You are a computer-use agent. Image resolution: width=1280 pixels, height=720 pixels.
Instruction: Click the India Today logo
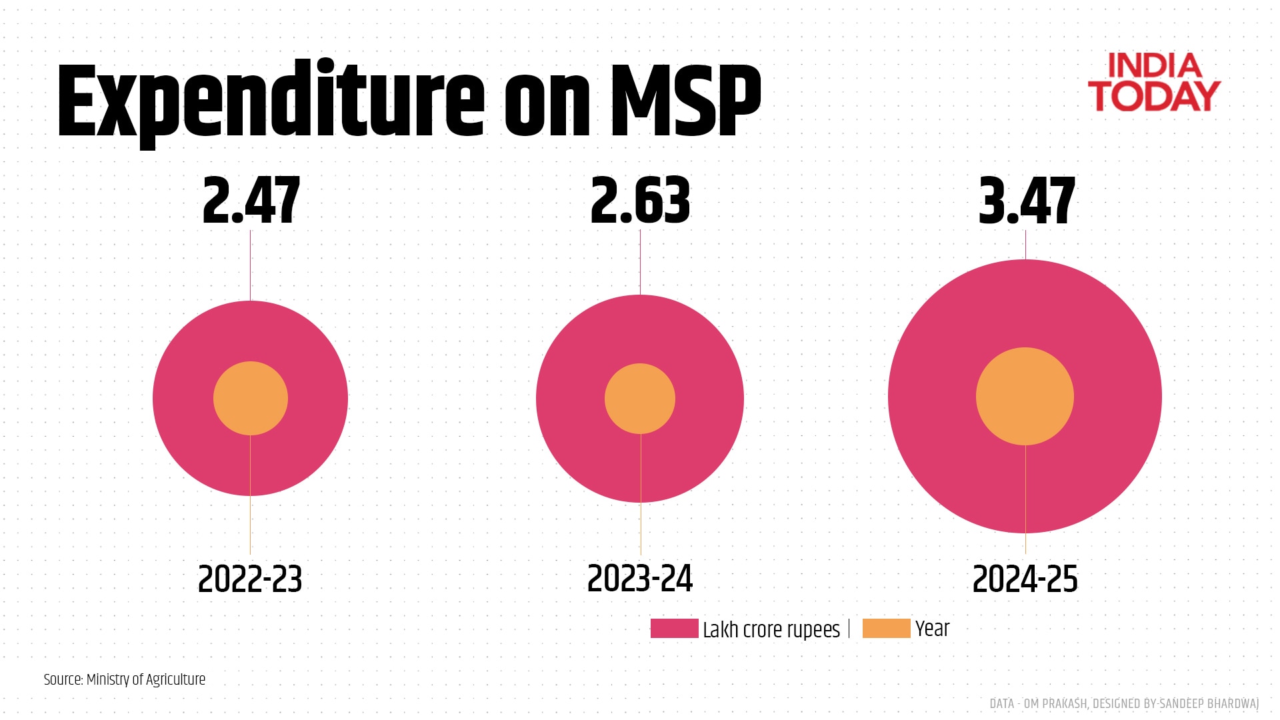click(x=1154, y=83)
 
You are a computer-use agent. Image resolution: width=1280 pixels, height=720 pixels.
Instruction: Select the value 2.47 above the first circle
click(x=251, y=201)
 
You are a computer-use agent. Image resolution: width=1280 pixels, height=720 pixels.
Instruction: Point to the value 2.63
click(x=640, y=201)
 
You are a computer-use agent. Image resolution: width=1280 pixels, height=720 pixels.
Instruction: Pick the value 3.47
click(x=1027, y=201)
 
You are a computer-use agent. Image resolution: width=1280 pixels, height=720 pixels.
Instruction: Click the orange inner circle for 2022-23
click(x=251, y=399)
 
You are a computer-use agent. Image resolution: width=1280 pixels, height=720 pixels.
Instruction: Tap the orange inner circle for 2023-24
click(x=640, y=399)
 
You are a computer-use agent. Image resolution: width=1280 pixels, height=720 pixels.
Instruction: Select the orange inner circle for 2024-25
click(x=1025, y=396)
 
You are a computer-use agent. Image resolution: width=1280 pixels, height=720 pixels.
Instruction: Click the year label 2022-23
click(x=250, y=579)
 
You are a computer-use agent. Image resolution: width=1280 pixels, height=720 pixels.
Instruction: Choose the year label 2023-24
click(x=640, y=579)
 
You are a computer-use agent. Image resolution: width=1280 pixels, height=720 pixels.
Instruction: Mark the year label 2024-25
click(x=1025, y=579)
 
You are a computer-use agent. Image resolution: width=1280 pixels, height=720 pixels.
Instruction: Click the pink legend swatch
click(x=674, y=629)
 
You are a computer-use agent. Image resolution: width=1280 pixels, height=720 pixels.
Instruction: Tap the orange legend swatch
click(x=886, y=629)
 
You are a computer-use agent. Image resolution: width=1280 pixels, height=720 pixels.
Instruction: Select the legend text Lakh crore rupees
click(x=771, y=629)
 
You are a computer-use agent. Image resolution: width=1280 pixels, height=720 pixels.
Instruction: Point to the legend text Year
click(x=932, y=629)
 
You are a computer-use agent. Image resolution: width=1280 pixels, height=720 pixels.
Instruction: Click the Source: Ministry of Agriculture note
click(x=125, y=679)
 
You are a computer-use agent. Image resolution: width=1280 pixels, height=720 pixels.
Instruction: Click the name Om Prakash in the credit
click(x=1055, y=703)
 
